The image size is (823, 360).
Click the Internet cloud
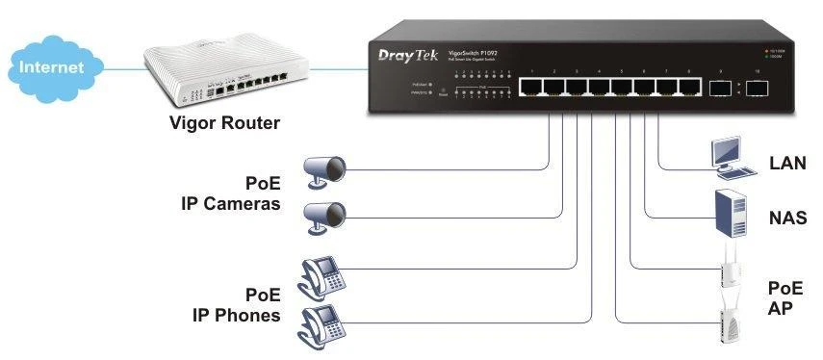tap(53, 66)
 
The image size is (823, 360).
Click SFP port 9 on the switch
tap(719, 88)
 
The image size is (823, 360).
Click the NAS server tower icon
tap(732, 213)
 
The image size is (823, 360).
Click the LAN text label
tap(787, 164)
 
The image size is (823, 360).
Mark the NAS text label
tap(787, 219)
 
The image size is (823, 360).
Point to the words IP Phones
tap(233, 316)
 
